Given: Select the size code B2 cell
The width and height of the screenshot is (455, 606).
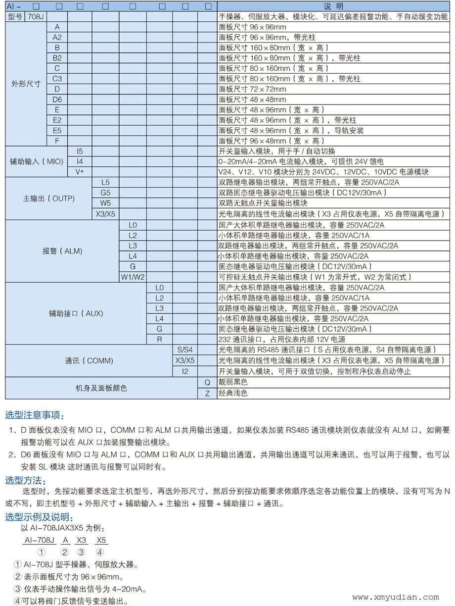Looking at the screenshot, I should [x=57, y=58].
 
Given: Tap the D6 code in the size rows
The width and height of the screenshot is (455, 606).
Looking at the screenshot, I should [x=57, y=100].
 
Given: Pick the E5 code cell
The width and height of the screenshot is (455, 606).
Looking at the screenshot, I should [x=57, y=131].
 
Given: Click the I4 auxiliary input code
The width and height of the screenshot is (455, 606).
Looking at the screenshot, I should [x=80, y=161].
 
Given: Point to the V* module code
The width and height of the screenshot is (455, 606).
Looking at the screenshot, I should [x=80, y=172].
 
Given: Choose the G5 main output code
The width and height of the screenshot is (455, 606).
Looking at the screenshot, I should [x=105, y=193].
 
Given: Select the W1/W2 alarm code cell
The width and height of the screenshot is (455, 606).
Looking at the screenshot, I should [x=133, y=277].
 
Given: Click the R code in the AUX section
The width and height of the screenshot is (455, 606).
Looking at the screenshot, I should [x=159, y=339].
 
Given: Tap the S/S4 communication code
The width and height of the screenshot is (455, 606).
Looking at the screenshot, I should [x=185, y=350].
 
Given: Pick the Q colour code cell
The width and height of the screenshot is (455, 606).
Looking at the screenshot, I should [x=207, y=382].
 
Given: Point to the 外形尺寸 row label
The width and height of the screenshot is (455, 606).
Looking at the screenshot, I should [x=26, y=84].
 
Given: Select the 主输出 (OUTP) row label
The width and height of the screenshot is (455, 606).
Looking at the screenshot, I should [x=49, y=199].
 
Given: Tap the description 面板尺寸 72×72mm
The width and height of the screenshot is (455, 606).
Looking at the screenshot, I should [x=252, y=89].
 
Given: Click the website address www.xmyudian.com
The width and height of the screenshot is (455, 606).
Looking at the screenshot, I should [x=395, y=597].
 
